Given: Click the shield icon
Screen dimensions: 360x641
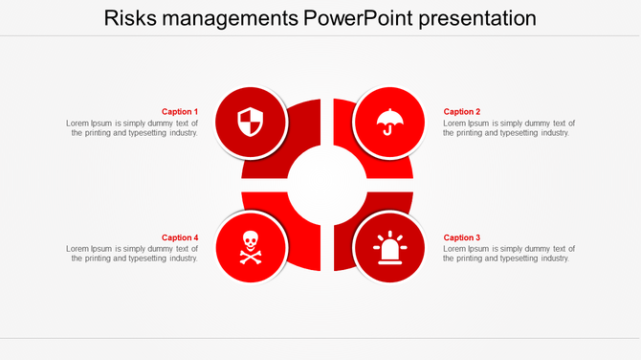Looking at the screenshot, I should [250, 123].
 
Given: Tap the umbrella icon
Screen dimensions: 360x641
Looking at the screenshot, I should [388, 123].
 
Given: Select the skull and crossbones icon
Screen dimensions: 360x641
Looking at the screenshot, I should [250, 247].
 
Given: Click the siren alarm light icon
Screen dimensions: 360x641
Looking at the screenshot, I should [388, 248].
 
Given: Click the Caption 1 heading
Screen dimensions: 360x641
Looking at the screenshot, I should [180, 112].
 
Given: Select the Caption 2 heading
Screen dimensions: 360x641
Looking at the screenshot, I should [462, 112].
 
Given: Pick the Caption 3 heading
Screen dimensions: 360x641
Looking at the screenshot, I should [462, 237].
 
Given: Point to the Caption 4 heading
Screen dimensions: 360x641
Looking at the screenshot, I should [180, 237].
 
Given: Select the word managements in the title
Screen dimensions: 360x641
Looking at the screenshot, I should [239, 18].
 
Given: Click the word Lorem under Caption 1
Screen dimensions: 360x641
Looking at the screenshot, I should [78, 124].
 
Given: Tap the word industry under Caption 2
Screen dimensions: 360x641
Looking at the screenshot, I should [554, 133].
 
